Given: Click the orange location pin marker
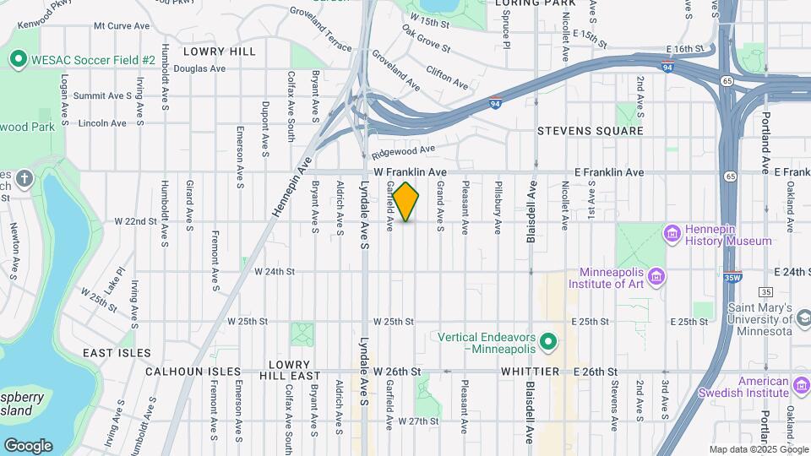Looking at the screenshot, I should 405,201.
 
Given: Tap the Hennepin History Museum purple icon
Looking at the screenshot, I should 673,233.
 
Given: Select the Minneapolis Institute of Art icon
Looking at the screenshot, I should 658,277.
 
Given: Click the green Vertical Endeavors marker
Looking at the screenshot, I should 548,342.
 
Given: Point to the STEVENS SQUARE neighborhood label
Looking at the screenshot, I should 591,131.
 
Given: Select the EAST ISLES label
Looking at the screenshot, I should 117,353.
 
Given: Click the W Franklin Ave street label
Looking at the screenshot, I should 410,171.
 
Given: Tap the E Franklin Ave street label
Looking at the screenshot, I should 608,172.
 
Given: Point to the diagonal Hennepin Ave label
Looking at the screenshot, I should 292,187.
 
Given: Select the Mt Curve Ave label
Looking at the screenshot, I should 122,26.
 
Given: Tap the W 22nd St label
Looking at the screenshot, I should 136,221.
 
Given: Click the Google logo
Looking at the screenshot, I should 28,445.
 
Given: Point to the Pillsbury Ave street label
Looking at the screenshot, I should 498,207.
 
